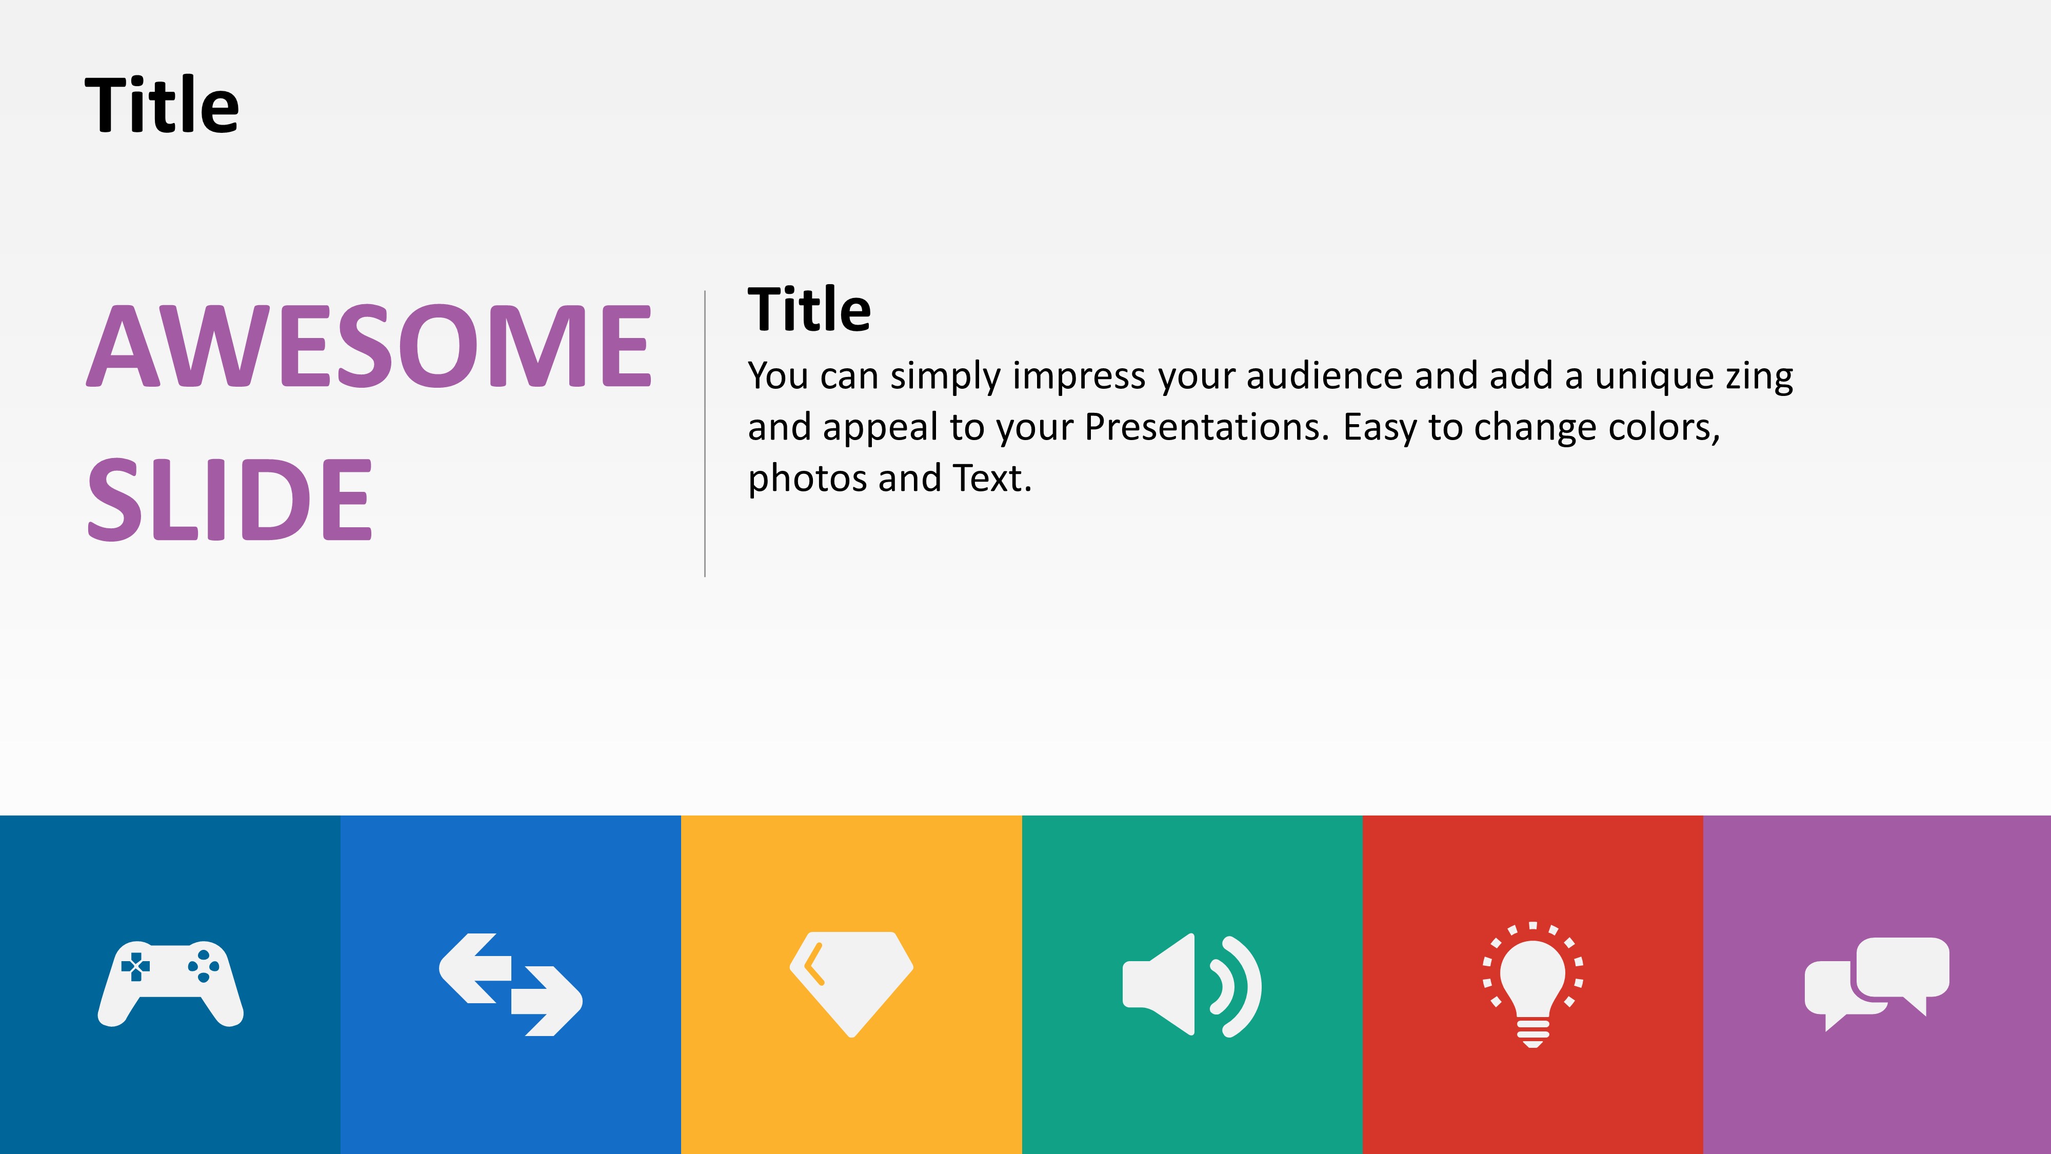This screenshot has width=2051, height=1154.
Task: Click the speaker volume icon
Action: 1192,985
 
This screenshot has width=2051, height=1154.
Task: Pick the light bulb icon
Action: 1532,985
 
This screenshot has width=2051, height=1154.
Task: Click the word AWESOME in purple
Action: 369,346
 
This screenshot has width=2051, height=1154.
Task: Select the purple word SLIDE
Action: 229,500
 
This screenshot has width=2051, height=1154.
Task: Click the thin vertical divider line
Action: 705,434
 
